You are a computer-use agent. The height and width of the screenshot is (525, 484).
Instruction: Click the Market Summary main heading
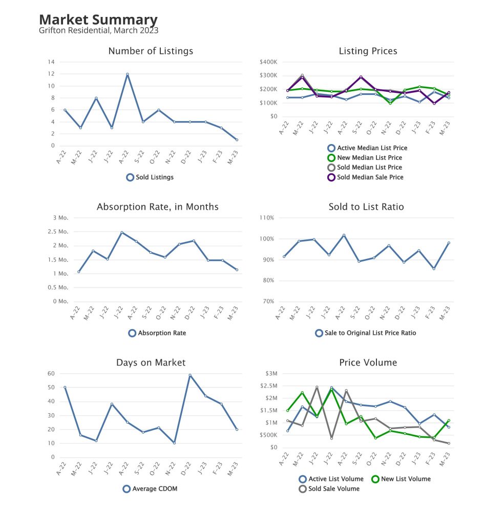tap(98, 19)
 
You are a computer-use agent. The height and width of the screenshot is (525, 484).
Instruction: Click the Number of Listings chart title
tap(151, 51)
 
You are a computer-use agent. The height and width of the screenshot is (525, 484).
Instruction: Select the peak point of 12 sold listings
tap(127, 74)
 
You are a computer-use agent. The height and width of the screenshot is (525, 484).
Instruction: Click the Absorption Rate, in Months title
tap(157, 207)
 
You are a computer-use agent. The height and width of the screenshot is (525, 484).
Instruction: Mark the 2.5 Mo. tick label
tap(57, 232)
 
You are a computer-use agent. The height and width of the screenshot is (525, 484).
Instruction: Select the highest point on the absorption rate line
tap(122, 232)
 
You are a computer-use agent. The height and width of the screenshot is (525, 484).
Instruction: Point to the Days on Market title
tap(151, 362)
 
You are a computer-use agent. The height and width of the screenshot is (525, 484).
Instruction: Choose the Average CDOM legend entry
tap(154, 489)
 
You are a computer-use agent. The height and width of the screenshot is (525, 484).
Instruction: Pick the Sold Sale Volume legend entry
tap(334, 489)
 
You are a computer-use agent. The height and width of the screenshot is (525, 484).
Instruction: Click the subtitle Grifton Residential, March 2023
tap(98, 30)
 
